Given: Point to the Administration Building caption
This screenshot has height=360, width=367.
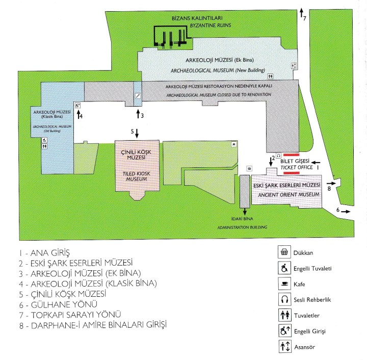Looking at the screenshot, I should coord(243,228).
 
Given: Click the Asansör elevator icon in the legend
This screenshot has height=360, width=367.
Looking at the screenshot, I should coord(282,347).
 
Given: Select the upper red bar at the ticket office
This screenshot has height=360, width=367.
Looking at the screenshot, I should coord(291,155).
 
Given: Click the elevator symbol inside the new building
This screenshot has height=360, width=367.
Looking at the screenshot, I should coord(294,66).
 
